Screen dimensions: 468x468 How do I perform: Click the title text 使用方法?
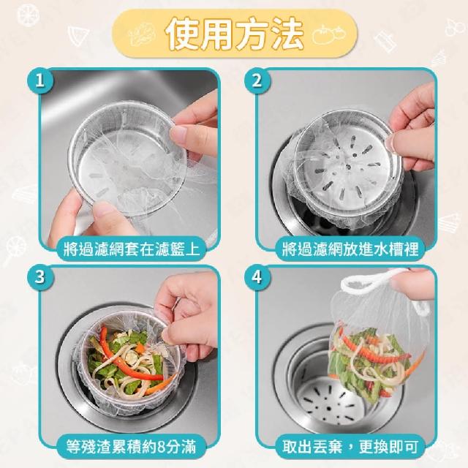point(235,33)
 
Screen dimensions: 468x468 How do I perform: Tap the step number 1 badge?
point(40,80)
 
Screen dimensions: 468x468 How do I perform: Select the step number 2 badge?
point(257,80)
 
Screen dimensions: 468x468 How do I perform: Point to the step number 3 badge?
point(40,277)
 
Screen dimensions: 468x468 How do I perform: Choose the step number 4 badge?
point(257,277)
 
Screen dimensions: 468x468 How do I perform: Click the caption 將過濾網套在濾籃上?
point(132,249)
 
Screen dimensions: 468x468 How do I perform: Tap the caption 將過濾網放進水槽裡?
point(350,249)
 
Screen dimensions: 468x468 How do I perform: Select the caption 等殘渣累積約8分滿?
point(132,447)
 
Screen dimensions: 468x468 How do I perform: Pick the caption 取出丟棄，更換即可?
point(350,447)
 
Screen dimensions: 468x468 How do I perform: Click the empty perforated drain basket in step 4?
point(331,397)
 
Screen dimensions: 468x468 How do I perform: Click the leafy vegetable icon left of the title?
point(143,34)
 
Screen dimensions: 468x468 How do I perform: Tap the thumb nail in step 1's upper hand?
point(178,134)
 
